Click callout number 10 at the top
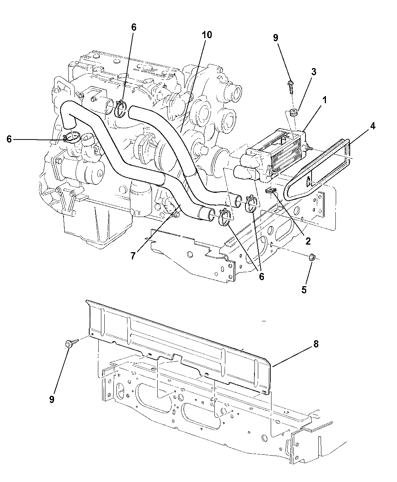(x=207, y=35)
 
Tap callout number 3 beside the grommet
(x=314, y=72)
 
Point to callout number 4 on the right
(x=372, y=126)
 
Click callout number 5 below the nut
(x=304, y=290)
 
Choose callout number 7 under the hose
(x=133, y=256)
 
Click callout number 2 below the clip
(x=308, y=240)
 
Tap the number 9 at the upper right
(x=275, y=37)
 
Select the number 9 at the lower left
(x=52, y=399)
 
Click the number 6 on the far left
(x=9, y=139)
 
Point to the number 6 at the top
(x=133, y=27)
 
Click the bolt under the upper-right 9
(x=291, y=86)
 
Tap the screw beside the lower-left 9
(x=71, y=343)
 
